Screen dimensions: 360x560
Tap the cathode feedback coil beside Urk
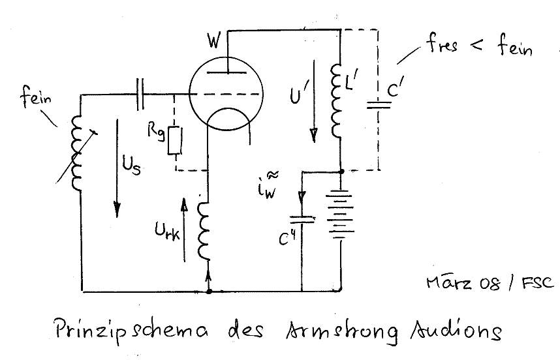tap(208, 224)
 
